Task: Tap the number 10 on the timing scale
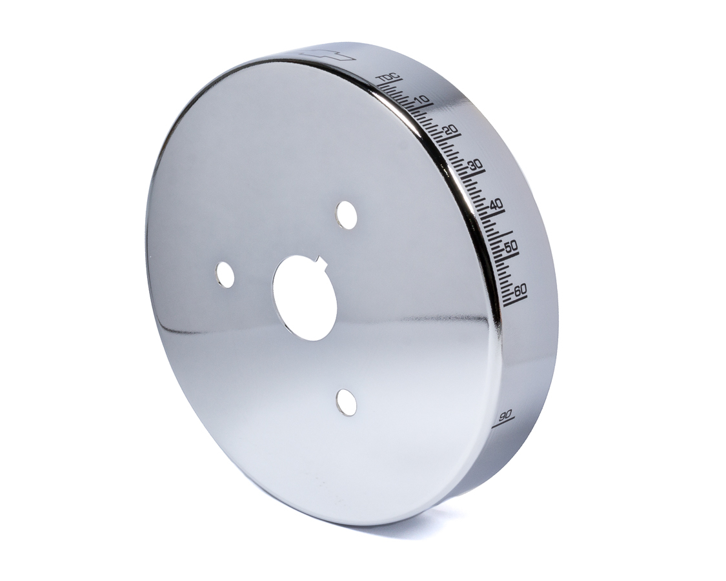(423, 100)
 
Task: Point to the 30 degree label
(476, 166)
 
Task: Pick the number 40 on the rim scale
(496, 205)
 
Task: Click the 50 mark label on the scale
(510, 246)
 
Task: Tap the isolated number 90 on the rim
(505, 413)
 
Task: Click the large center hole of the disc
(305, 297)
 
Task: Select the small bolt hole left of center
(225, 274)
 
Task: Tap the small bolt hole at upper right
(347, 215)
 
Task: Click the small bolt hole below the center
(347, 402)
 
